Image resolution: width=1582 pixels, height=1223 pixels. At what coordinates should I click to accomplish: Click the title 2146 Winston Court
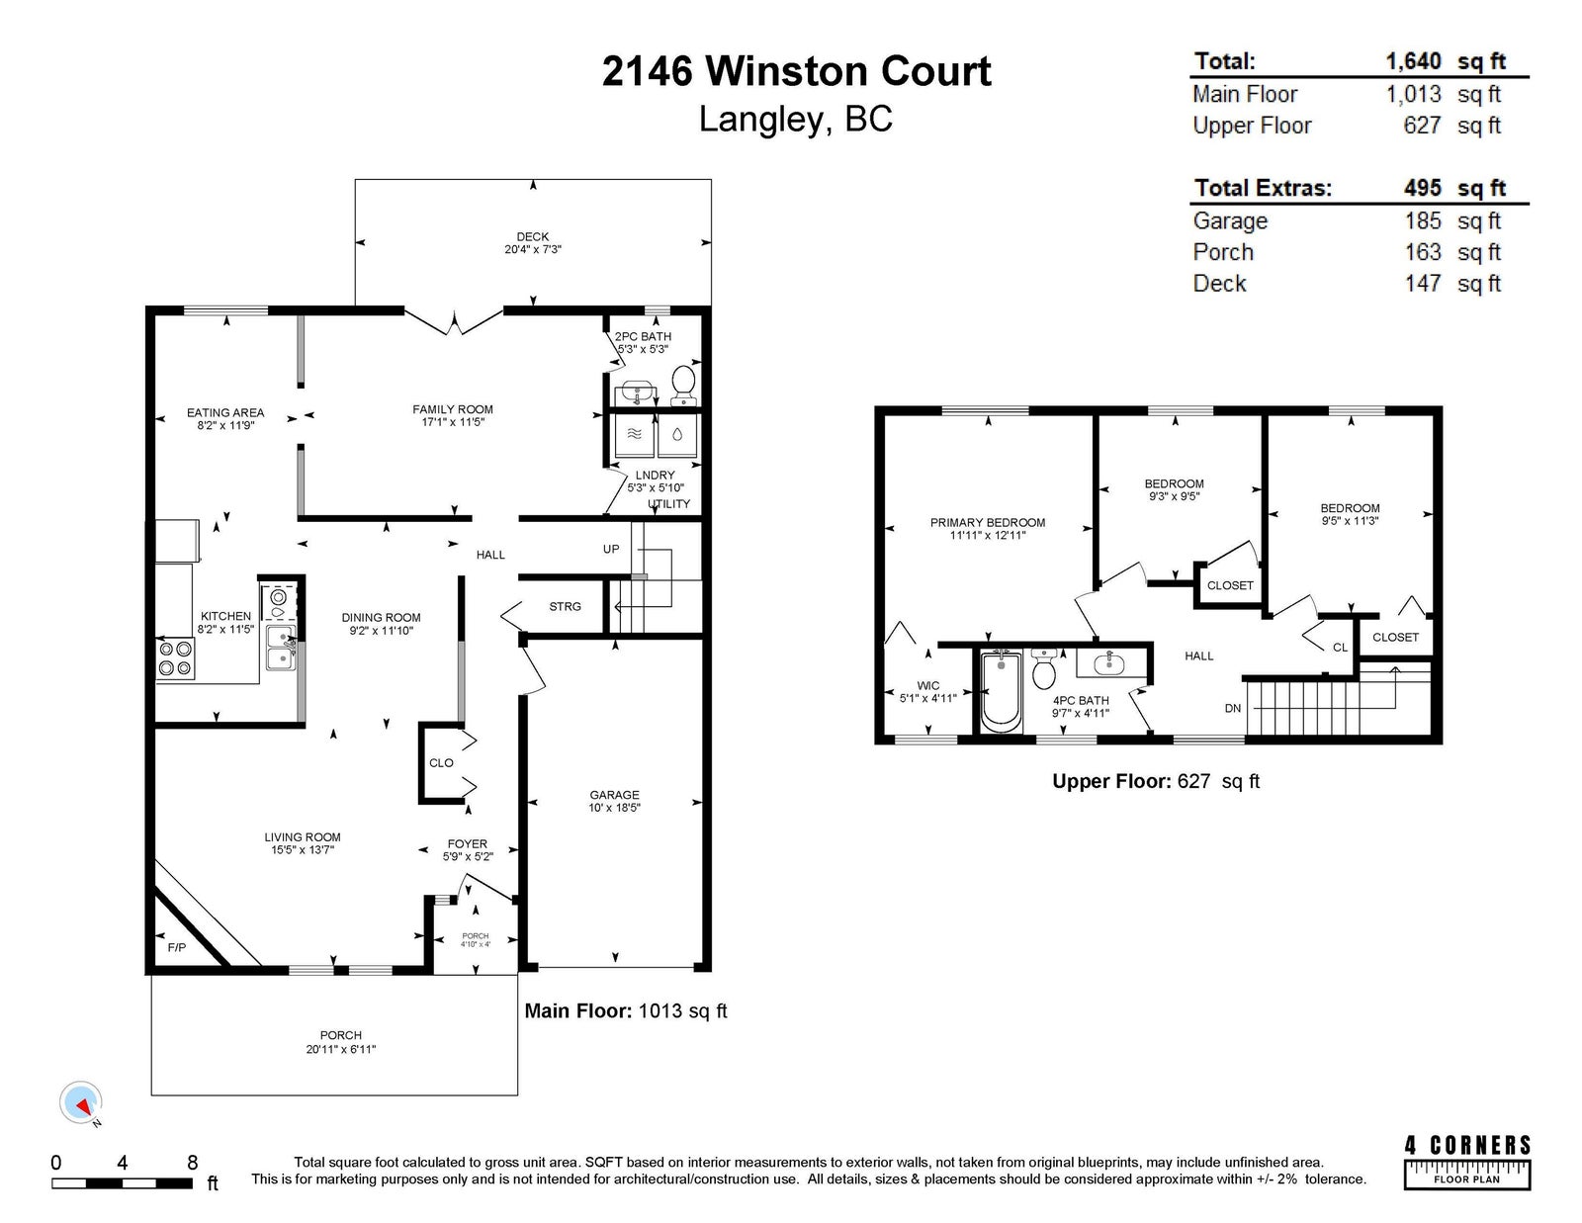[x=797, y=71]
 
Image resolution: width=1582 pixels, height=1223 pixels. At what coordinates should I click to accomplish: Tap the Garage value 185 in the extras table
[x=1423, y=220]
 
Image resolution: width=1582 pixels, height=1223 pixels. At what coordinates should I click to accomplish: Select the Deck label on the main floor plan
[x=533, y=236]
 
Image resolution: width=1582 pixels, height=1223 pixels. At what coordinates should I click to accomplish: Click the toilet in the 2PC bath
[x=683, y=386]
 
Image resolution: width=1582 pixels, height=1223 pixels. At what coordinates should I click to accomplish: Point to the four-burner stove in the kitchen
[x=175, y=658]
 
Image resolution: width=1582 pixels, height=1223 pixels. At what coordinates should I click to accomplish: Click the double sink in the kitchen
[x=281, y=648]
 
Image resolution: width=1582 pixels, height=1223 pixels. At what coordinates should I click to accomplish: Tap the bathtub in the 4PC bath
[x=1001, y=691]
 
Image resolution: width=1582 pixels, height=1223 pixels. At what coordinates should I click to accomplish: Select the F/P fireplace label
[x=177, y=947]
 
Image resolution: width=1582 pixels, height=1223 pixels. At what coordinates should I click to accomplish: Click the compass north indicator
[x=81, y=1103]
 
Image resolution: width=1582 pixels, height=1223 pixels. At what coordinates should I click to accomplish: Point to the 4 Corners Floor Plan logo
[x=1467, y=1163]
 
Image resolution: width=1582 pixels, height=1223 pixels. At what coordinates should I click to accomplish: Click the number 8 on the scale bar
[x=192, y=1162]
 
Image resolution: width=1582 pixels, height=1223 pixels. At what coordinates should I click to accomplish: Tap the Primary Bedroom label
[x=988, y=523]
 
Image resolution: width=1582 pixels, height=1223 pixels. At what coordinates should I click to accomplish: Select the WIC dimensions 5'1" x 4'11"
[x=928, y=698]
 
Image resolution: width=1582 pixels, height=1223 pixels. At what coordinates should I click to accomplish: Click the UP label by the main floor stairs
[x=611, y=549]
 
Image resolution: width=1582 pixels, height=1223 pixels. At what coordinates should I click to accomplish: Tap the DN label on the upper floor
[x=1233, y=708]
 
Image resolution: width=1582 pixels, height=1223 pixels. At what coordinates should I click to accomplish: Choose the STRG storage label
[x=565, y=606]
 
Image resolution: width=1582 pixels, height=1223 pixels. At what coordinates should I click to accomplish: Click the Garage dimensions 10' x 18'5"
[x=615, y=808]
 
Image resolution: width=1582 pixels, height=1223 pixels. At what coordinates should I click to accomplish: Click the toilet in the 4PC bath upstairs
[x=1044, y=668]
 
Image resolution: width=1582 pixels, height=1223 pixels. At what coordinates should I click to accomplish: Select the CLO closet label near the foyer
[x=441, y=763]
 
